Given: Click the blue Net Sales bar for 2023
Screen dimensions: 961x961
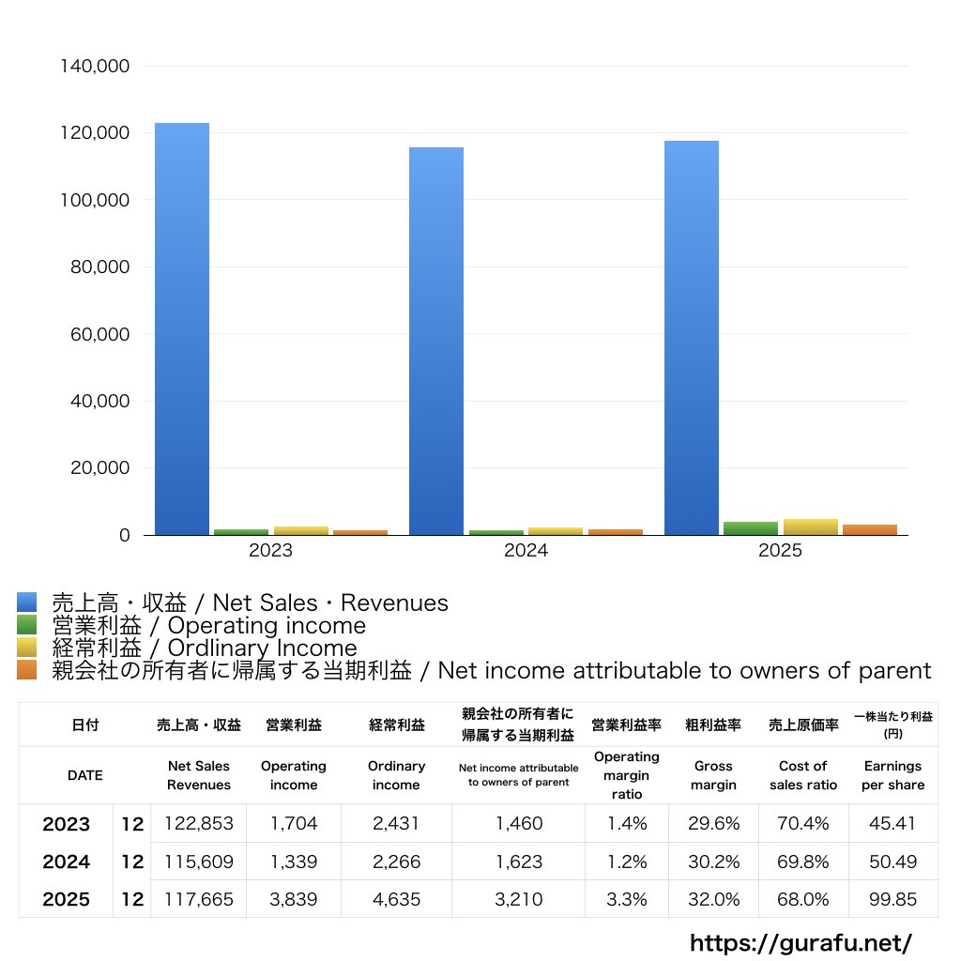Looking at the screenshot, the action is pos(182,329).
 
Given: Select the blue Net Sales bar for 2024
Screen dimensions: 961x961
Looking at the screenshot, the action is pos(436,342).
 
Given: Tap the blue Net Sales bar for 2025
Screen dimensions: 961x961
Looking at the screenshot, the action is pos(692,338).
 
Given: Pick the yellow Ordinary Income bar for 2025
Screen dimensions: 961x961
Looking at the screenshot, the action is pos(810,527).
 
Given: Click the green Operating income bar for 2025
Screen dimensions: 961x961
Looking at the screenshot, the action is pos(751,528).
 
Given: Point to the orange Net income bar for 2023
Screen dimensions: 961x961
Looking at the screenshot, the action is pos(360,533).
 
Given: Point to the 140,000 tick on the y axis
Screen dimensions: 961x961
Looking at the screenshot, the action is pos(95,67).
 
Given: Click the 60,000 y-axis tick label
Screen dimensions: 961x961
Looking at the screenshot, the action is pos(99,334).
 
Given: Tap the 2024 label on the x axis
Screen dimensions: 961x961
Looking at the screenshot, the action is pos(526,550).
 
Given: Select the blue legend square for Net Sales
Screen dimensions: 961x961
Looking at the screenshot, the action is pos(27,603).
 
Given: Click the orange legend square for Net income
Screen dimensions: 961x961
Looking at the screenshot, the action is pos(27,670).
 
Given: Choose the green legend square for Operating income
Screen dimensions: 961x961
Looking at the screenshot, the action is pos(27,625).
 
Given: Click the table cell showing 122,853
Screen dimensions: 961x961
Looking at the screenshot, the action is pos(199,823).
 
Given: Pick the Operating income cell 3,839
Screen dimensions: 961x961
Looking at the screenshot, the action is pos(294,899).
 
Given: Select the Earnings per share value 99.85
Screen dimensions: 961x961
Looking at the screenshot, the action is pos(893,899).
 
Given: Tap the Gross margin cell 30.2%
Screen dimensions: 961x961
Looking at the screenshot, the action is pos(713,862).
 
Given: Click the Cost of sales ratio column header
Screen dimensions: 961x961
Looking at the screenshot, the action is pos(803,775).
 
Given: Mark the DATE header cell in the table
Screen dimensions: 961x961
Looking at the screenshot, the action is pos(85,775).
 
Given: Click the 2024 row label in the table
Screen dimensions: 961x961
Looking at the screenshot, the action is pos(67,862).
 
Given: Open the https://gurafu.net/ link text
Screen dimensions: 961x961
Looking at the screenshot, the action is pos(801,942).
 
